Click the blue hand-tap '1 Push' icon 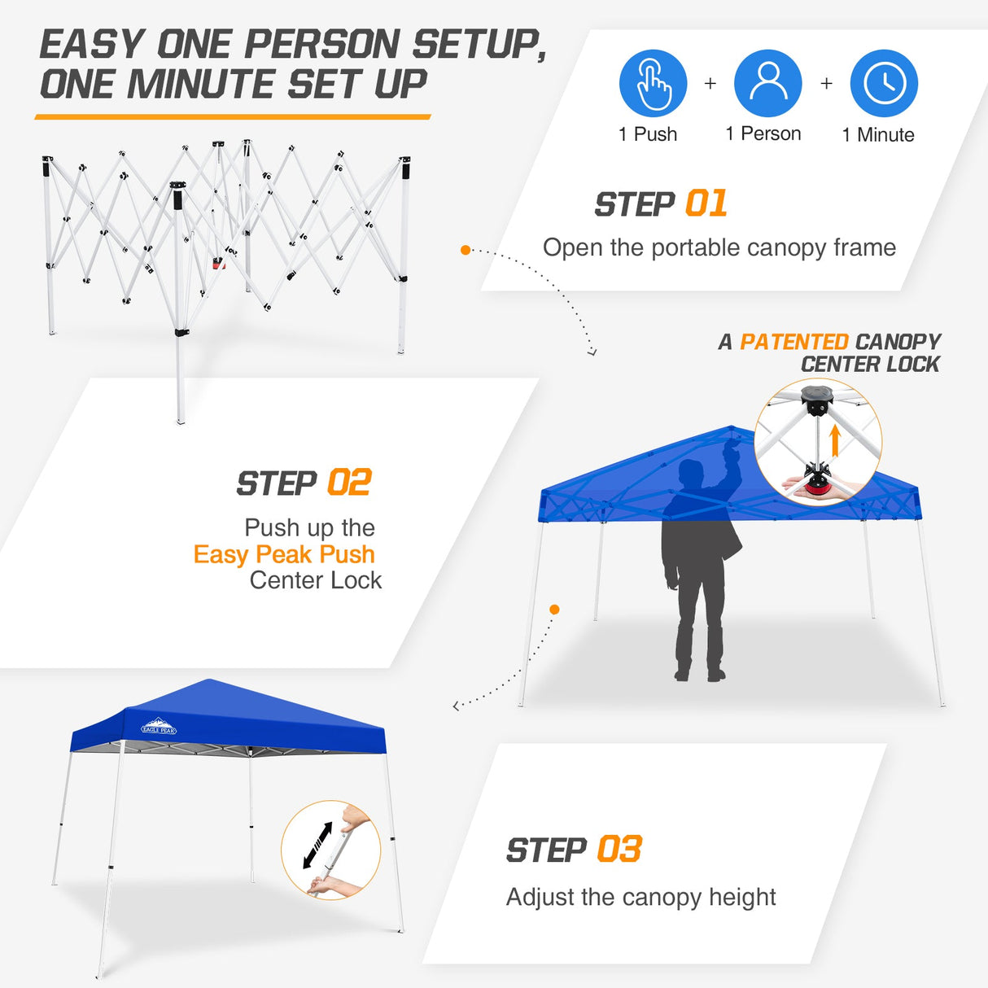(x=653, y=84)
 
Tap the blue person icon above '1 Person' (x=768, y=84)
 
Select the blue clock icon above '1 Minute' (x=884, y=84)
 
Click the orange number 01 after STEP (x=706, y=204)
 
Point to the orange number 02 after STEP (x=349, y=483)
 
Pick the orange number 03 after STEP (x=619, y=850)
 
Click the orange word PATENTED (x=794, y=342)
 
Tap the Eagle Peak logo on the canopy (x=159, y=727)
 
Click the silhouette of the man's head (x=692, y=474)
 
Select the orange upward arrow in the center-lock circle (x=834, y=440)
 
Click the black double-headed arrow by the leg (x=317, y=845)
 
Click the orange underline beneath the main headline (x=233, y=117)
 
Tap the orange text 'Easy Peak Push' (x=284, y=554)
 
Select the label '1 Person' (x=763, y=134)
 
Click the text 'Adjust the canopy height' (x=640, y=898)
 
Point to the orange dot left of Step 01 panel (x=466, y=250)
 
